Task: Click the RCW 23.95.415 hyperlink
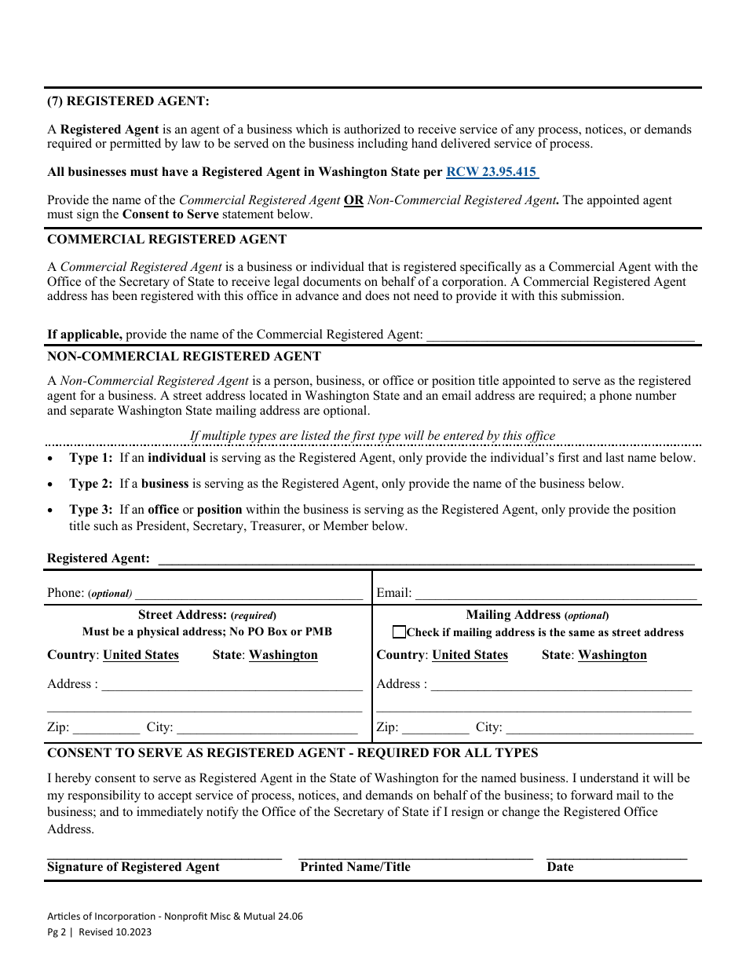[492, 172]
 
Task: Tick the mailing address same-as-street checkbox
[400, 632]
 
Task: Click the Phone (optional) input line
[249, 595]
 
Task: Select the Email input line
[555, 595]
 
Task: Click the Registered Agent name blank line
[426, 559]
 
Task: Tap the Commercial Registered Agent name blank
[559, 335]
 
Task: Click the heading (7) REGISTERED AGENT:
[129, 101]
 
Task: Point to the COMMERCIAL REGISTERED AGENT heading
[167, 239]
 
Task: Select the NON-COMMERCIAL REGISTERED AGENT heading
[185, 356]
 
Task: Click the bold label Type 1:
[91, 458]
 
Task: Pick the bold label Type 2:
[91, 484]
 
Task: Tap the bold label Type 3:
[91, 510]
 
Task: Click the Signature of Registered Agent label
[133, 867]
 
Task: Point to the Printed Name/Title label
[355, 867]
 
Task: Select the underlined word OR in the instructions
[354, 200]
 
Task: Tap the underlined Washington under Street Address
[283, 655]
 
